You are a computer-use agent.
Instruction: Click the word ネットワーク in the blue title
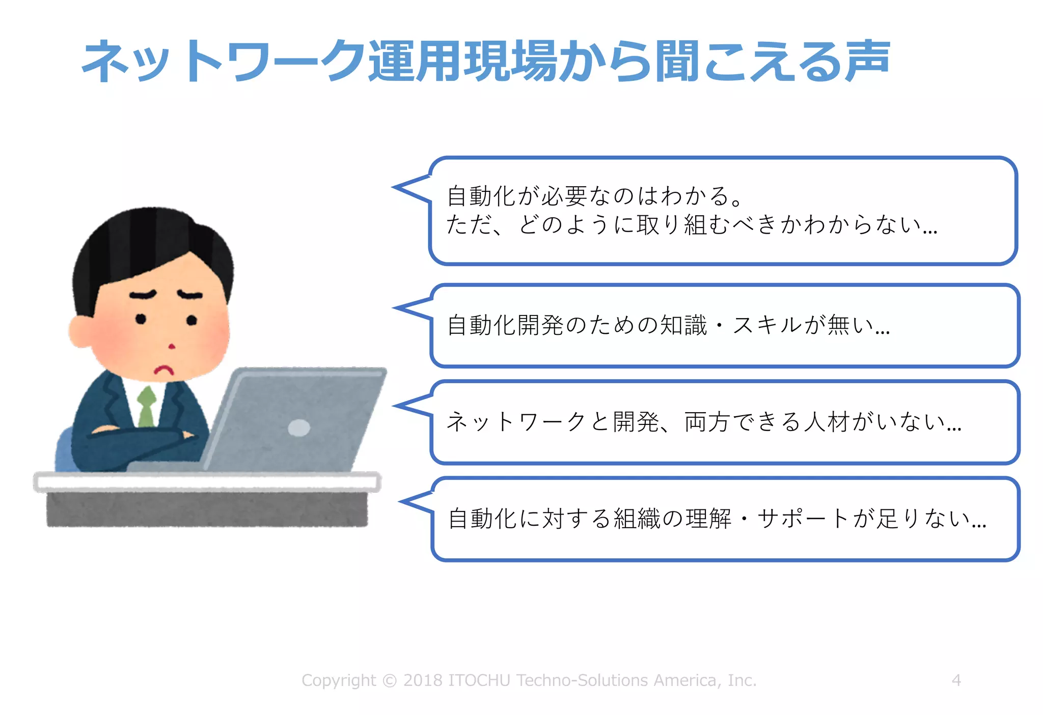tap(224, 61)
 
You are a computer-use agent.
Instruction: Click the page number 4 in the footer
tap(956, 680)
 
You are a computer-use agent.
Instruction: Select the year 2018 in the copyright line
tap(423, 680)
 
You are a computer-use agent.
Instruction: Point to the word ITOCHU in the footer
tap(479, 680)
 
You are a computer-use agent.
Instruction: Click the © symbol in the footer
tap(390, 680)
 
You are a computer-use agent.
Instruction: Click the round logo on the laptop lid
tap(299, 427)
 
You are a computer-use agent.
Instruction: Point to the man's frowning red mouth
tap(164, 369)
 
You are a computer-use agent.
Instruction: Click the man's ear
tap(80, 331)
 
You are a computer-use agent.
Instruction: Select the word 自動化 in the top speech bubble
tap(482, 196)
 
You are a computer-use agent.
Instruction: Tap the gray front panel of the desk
tap(207, 509)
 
